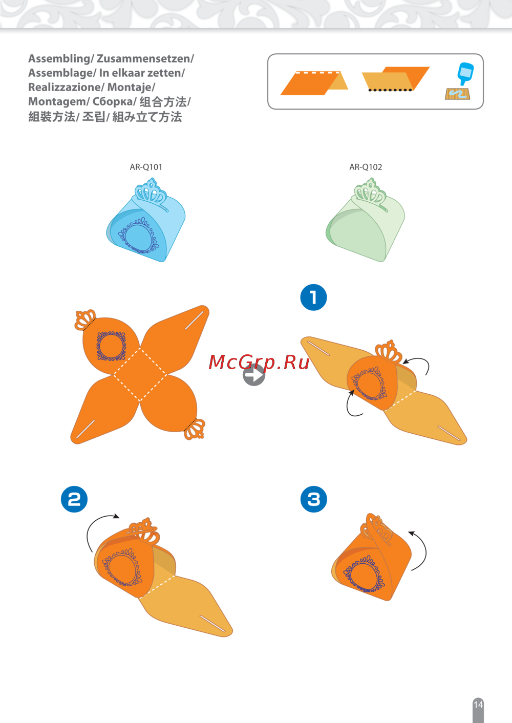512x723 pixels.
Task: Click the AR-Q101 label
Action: (146, 167)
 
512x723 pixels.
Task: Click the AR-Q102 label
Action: (366, 167)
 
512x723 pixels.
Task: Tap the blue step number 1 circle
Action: (313, 297)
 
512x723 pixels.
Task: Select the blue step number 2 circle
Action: (74, 499)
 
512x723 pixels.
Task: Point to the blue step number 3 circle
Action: (313, 499)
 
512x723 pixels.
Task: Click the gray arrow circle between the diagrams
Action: (254, 375)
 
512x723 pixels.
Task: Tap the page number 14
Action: (478, 704)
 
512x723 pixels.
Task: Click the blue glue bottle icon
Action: (465, 74)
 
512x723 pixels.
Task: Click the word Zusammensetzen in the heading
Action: (144, 59)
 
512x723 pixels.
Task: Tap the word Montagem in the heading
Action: (57, 102)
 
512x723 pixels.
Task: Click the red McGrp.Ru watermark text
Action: (259, 362)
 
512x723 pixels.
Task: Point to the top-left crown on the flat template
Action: (85, 320)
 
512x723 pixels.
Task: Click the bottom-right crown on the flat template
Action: (195, 429)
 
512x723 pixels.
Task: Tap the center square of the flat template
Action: (140, 375)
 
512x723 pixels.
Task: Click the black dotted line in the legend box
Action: (390, 90)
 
